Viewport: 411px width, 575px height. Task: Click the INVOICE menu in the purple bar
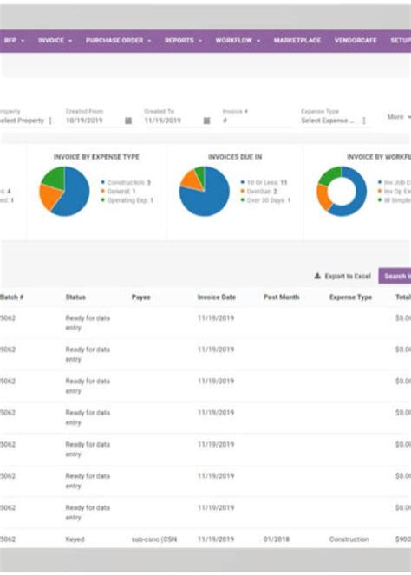[x=54, y=40]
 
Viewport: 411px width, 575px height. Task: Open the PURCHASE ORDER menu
[x=118, y=40]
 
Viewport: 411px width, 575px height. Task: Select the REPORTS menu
[x=182, y=40]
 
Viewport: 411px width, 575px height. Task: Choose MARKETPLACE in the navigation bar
[x=297, y=40]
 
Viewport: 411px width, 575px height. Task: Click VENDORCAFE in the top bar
[x=355, y=40]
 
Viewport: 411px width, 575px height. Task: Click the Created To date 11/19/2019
[x=162, y=121]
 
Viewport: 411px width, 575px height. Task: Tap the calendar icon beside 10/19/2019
[x=128, y=121]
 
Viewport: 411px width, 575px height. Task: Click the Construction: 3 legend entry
[x=129, y=183]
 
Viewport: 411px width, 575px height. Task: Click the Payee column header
[x=140, y=297]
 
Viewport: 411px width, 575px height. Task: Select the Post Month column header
[x=281, y=297]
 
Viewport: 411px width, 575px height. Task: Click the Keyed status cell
[x=75, y=539]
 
